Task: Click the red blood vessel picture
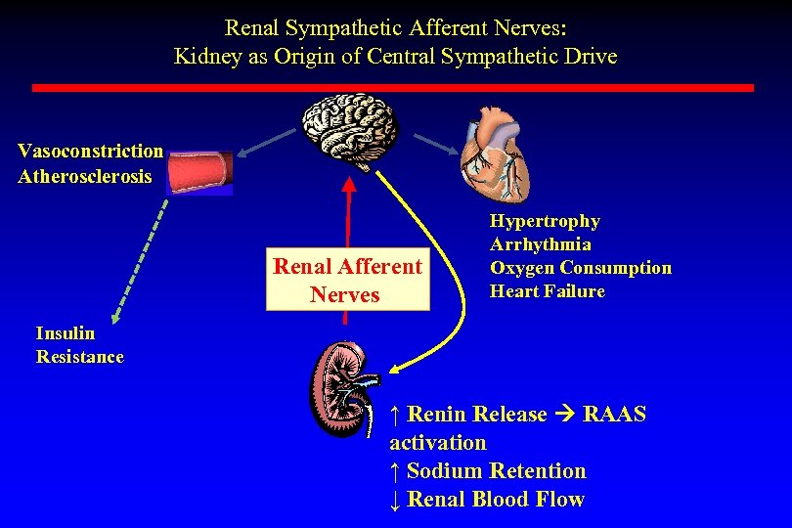[x=199, y=173]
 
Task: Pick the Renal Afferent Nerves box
[x=347, y=280]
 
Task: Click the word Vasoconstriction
[x=91, y=151]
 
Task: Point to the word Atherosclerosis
[x=85, y=176]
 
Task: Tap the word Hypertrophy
[x=545, y=222]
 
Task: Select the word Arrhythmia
[x=540, y=244]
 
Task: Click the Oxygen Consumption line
[x=580, y=268]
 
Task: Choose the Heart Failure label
[x=547, y=291]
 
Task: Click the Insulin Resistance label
[x=79, y=344]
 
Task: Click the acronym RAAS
[x=614, y=415]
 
